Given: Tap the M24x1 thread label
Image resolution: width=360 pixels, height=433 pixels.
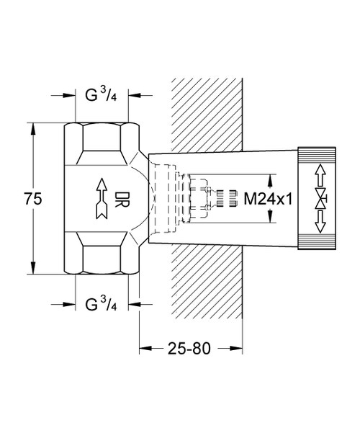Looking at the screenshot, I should point(266,198).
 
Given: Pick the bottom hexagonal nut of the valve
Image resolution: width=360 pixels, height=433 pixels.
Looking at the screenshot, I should point(103,258).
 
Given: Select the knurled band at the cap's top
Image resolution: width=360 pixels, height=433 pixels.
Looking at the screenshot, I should point(318,153).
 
